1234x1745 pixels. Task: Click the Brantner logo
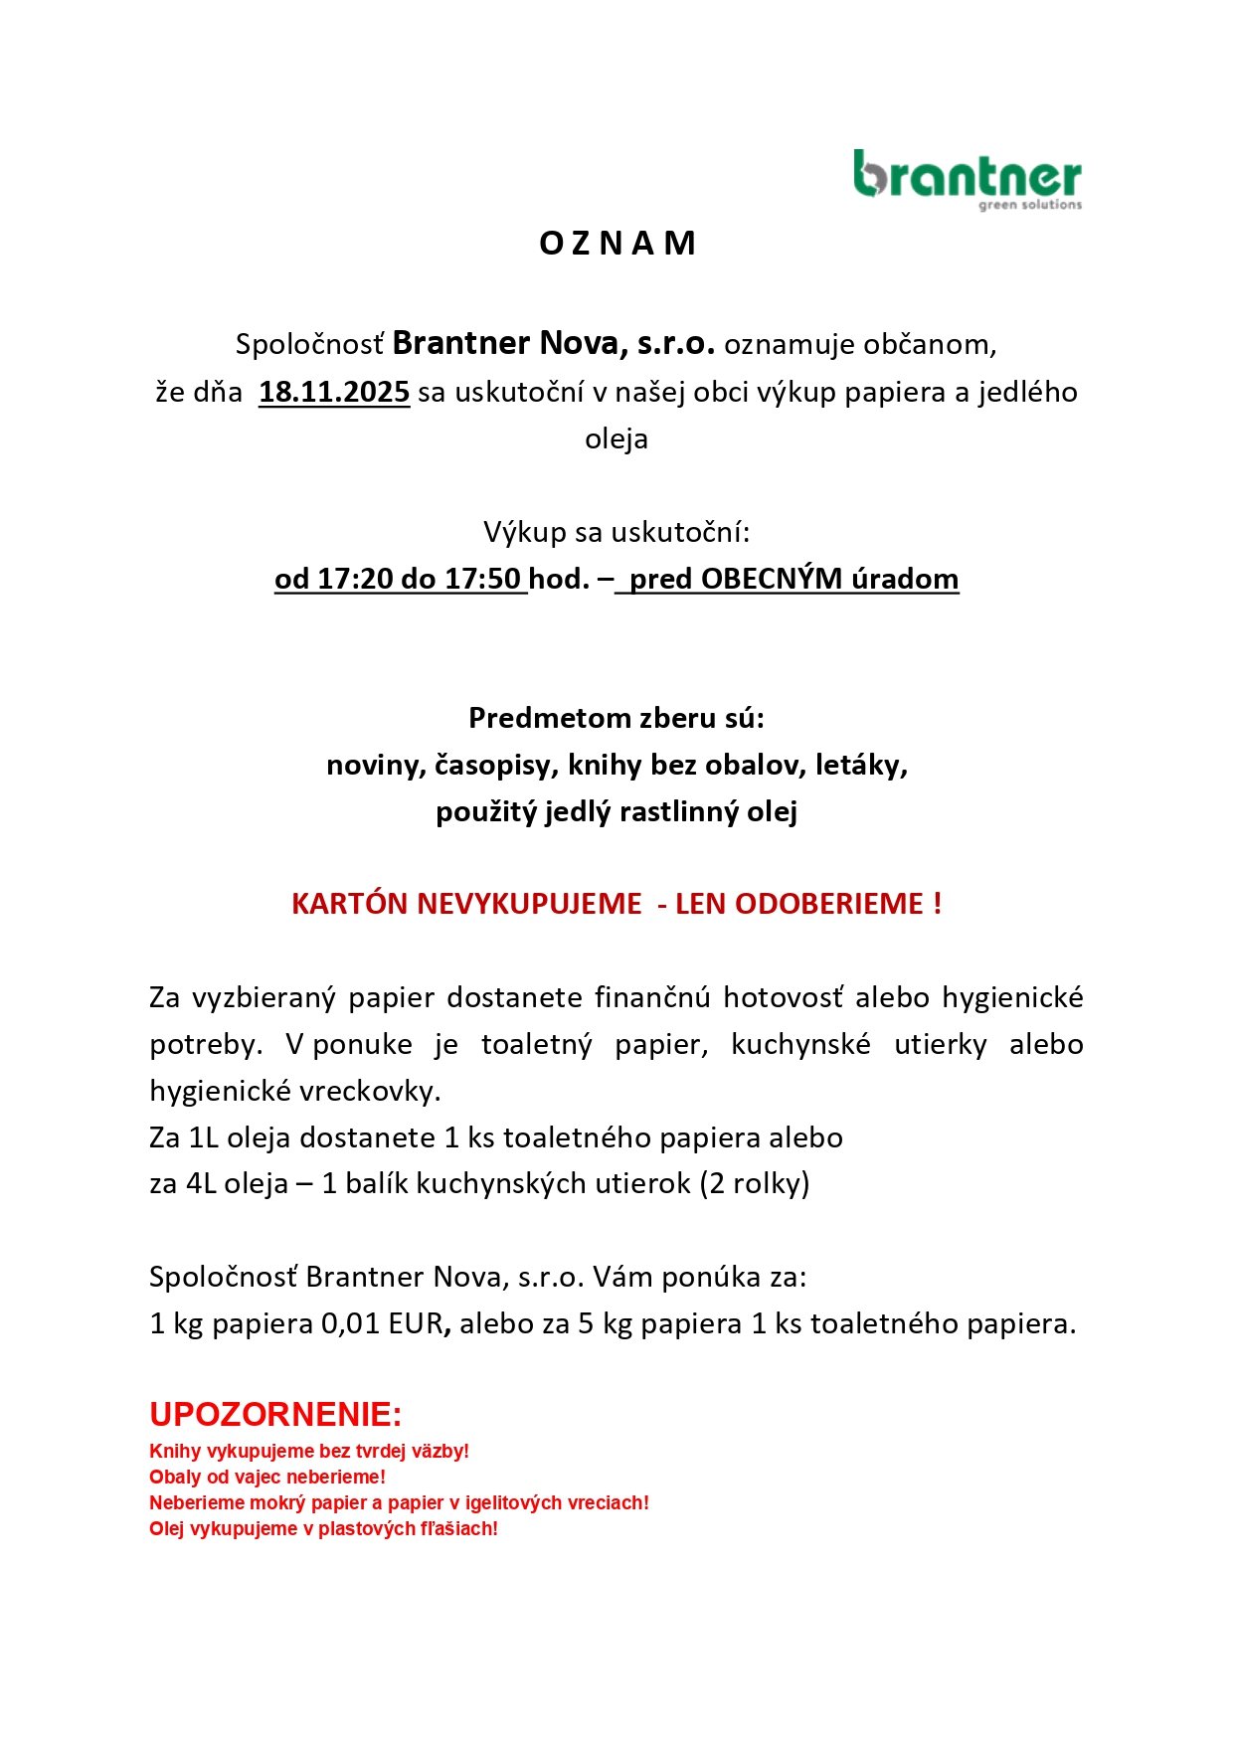967,179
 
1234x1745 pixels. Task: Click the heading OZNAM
617,244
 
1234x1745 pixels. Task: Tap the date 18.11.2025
334,392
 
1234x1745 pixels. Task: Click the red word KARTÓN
350,904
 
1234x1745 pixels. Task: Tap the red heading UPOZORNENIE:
275,1414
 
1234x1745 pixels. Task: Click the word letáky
861,765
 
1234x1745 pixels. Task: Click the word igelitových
514,1502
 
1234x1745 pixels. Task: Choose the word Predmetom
536,718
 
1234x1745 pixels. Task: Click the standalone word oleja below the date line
617,438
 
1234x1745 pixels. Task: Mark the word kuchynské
800,1044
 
